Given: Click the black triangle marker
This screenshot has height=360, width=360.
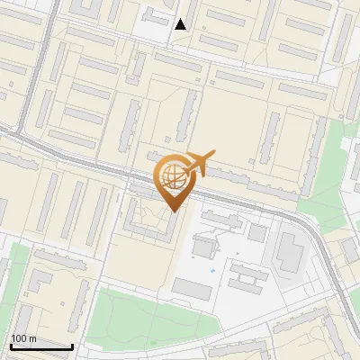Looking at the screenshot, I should coord(181,24).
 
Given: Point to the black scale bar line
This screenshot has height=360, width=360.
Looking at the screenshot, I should coord(41,346).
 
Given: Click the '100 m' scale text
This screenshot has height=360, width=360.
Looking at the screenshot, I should coord(24,338).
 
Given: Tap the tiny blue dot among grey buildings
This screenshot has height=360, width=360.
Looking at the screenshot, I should coord(212,269).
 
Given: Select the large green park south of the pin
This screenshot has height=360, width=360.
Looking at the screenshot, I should coord(144,315).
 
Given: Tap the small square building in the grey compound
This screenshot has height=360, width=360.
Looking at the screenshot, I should coord(257,233).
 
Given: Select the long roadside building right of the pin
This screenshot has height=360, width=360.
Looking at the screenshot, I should coord(252,185).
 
